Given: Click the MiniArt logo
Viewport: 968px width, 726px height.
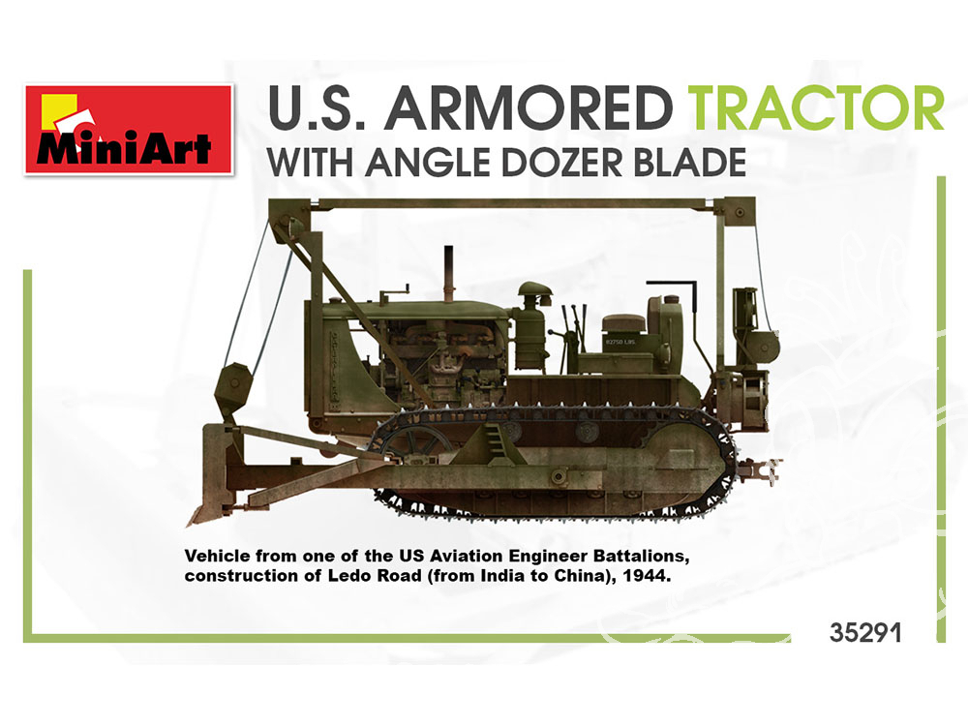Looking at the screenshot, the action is pos(129,129).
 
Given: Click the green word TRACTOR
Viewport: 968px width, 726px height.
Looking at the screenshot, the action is pos(815,108).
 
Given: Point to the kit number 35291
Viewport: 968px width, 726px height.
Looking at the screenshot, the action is pos(864,633).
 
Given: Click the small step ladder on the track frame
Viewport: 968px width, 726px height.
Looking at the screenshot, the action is pos(495,439).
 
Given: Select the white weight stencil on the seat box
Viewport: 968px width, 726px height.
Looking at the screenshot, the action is pos(620,342).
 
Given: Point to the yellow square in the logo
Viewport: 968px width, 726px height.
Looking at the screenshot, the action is pos(59,112).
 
